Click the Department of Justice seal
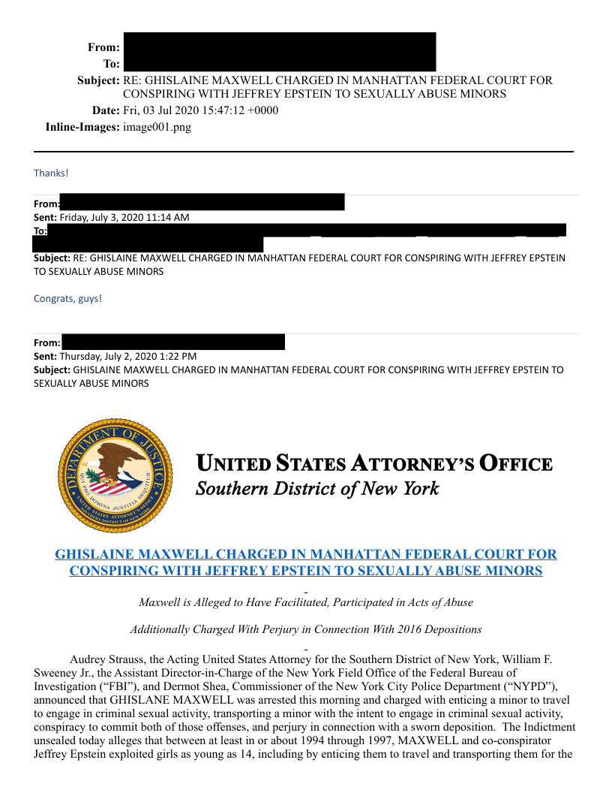tap(115, 475)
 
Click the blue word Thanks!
tap(51, 173)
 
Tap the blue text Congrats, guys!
tap(67, 298)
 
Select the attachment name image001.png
tap(157, 127)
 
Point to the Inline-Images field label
tap(82, 127)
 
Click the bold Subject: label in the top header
tap(98, 80)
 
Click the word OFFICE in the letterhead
tap(516, 464)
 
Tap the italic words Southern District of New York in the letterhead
tap(317, 490)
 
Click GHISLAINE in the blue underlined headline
tap(94, 554)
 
